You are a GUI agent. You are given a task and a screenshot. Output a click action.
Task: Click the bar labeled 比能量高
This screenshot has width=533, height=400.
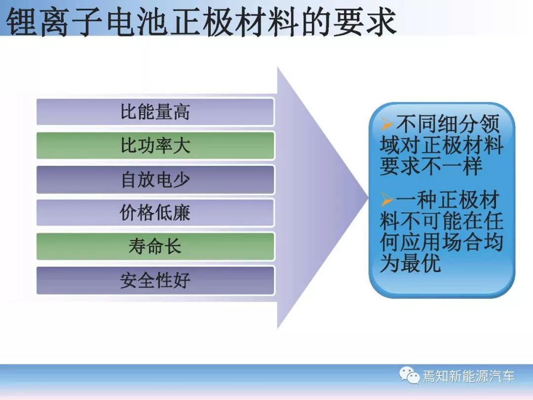click(x=155, y=112)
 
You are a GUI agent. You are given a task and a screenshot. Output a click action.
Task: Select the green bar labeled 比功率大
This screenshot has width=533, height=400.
click(x=155, y=146)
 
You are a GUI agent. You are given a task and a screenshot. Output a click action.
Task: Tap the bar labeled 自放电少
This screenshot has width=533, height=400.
click(x=155, y=179)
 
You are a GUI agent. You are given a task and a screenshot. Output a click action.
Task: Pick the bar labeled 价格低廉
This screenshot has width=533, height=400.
click(x=155, y=212)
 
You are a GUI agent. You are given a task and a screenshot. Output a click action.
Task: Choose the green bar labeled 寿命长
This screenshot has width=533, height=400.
click(x=155, y=246)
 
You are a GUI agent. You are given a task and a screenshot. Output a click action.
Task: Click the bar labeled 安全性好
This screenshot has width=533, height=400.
click(x=155, y=280)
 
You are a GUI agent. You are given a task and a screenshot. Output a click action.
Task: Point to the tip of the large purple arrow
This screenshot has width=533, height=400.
click(x=368, y=198)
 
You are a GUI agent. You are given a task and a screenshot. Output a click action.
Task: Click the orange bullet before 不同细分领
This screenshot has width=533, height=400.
click(x=387, y=123)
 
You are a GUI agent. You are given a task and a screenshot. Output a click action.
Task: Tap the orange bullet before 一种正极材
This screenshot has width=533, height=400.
click(x=387, y=200)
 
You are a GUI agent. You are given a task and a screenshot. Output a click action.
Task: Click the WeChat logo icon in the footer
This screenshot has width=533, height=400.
click(x=409, y=375)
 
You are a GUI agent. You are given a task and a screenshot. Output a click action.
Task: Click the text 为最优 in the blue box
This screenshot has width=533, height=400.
click(x=411, y=263)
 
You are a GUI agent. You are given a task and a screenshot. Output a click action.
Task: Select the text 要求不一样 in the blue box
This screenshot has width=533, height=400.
click(x=431, y=166)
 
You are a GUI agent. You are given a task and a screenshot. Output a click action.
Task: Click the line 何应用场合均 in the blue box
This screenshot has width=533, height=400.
click(x=442, y=242)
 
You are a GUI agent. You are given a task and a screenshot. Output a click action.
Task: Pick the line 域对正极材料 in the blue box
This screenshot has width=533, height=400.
click(x=442, y=145)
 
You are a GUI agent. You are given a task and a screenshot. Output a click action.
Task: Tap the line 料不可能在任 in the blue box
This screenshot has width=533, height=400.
click(x=442, y=221)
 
